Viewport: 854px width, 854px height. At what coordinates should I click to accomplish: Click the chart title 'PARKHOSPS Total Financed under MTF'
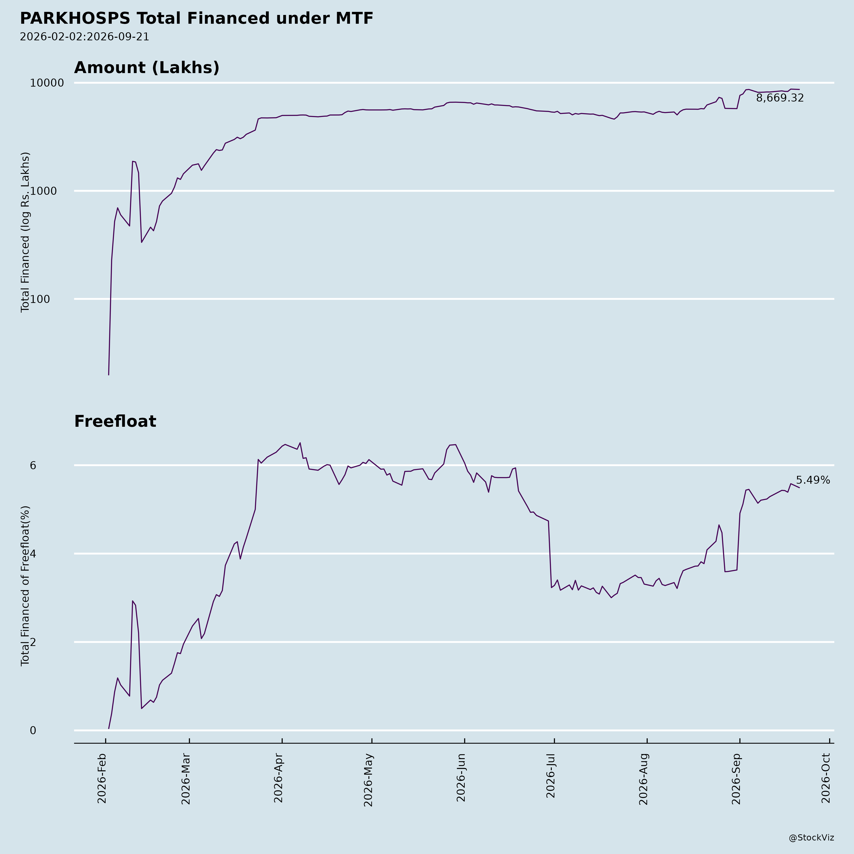tap(197, 19)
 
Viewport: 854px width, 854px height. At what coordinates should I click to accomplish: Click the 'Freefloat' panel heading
tap(115, 422)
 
